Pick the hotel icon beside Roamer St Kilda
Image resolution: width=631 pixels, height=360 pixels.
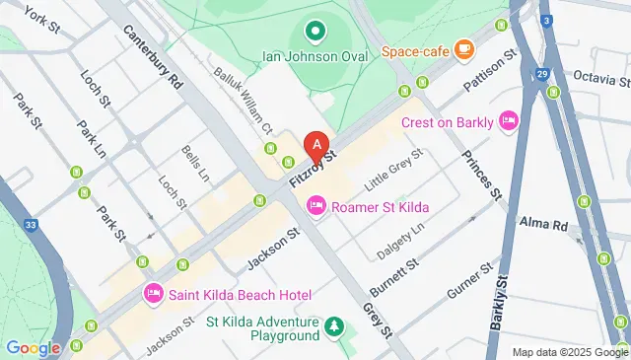click(316, 205)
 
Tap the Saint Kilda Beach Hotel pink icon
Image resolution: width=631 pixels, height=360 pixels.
click(154, 294)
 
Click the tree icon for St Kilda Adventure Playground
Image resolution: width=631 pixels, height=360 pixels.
click(334, 326)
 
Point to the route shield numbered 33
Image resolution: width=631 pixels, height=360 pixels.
click(31, 225)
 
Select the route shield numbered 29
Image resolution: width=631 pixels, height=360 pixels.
click(541, 75)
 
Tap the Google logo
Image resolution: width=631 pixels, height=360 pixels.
click(33, 347)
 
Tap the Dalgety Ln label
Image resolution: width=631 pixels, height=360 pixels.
click(401, 241)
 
